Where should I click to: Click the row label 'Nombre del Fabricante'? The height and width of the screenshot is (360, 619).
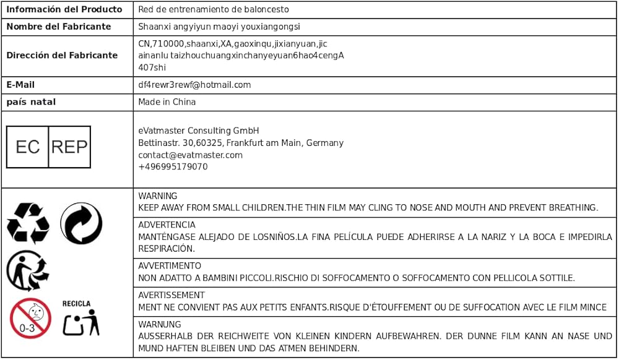pyautogui.click(x=59, y=27)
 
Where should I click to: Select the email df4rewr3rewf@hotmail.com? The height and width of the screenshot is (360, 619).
pyautogui.click(x=194, y=85)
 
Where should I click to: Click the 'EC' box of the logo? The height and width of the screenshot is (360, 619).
pyautogui.click(x=28, y=147)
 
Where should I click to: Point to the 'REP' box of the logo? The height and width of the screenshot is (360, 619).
pyautogui.click(x=69, y=147)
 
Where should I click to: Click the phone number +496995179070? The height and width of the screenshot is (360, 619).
pyautogui.click(x=173, y=167)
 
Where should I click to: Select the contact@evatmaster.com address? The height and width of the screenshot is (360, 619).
pyautogui.click(x=190, y=155)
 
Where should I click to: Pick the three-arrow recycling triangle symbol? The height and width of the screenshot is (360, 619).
pyautogui.click(x=28, y=223)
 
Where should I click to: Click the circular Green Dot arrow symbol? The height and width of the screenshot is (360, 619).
pyautogui.click(x=81, y=223)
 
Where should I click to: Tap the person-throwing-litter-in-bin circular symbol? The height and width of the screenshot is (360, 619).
pyautogui.click(x=27, y=271)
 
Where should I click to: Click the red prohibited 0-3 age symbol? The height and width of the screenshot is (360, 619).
pyautogui.click(x=29, y=318)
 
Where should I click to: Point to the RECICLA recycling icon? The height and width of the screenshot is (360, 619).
pyautogui.click(x=80, y=318)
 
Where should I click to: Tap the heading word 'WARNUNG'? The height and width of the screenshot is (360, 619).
pyautogui.click(x=160, y=324)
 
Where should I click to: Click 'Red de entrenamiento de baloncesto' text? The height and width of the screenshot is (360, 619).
pyautogui.click(x=213, y=9)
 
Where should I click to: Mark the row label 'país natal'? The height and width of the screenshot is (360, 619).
pyautogui.click(x=31, y=101)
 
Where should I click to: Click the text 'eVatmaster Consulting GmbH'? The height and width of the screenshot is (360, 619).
pyautogui.click(x=198, y=131)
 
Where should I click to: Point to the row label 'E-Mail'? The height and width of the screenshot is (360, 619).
pyautogui.click(x=20, y=85)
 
